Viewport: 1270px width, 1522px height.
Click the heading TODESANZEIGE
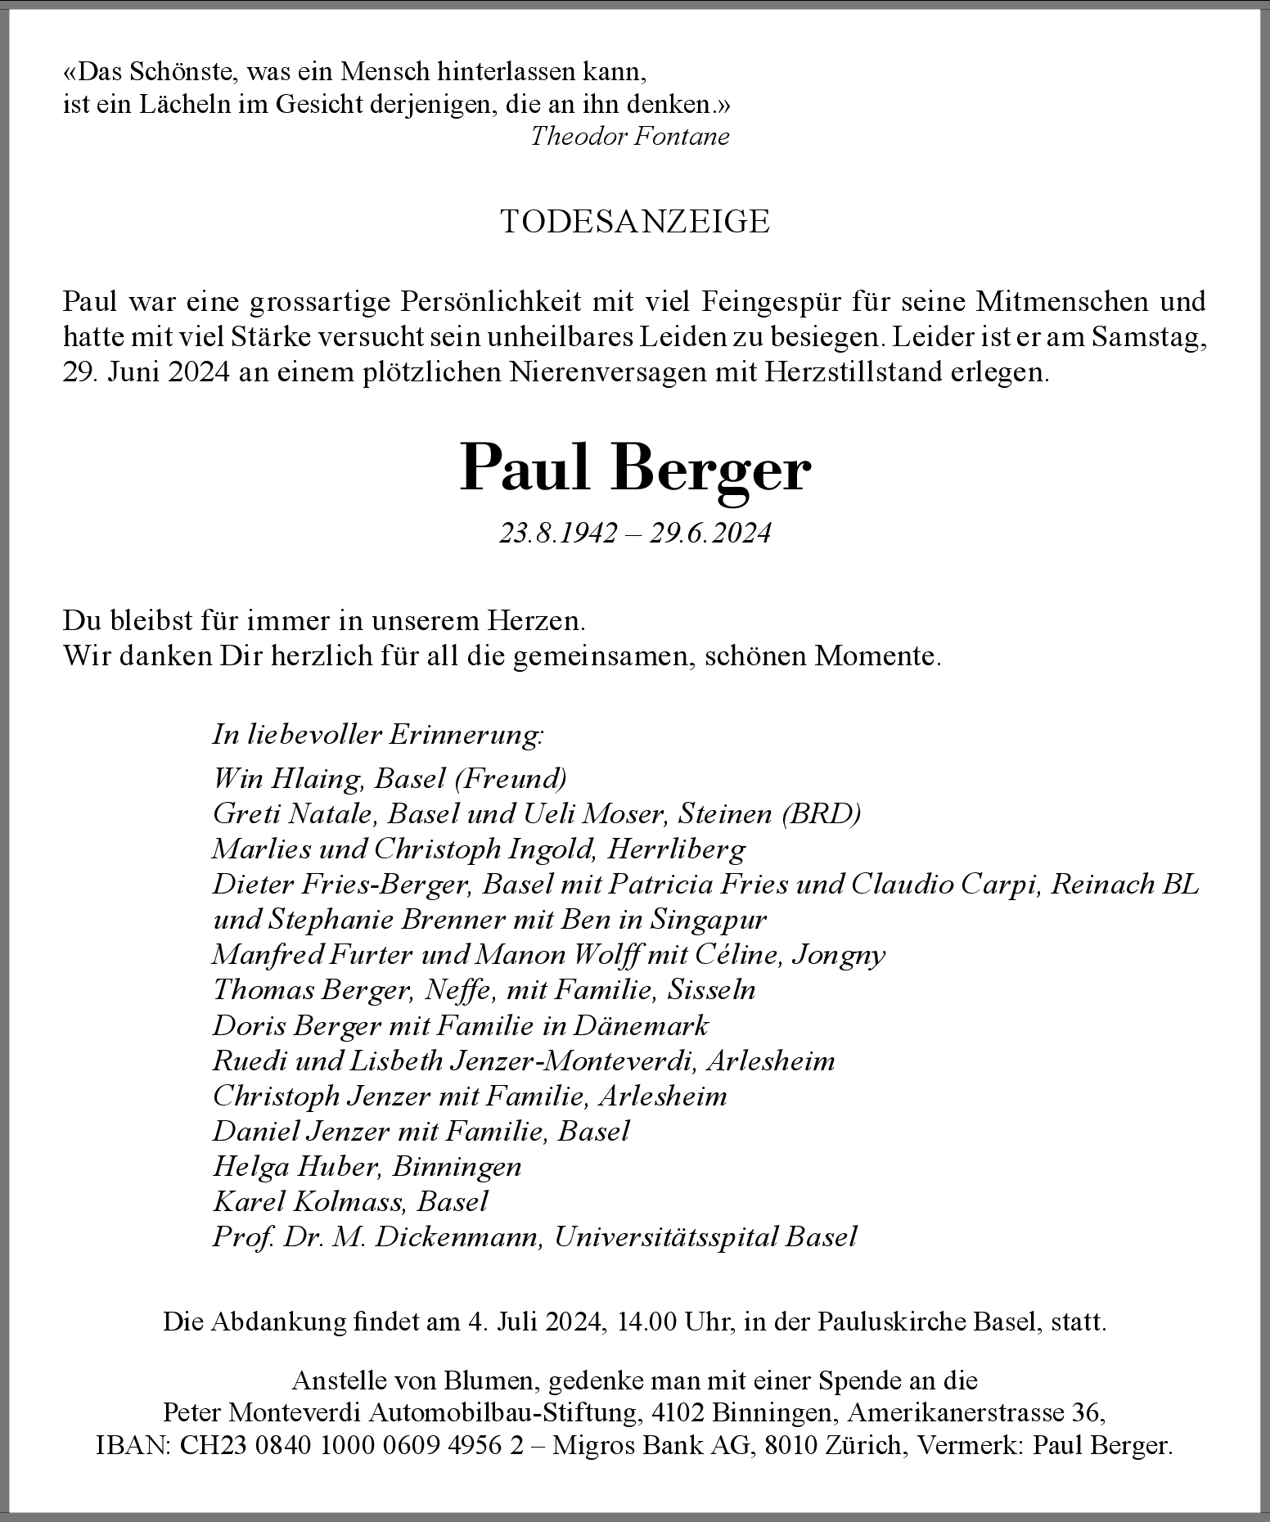point(634,222)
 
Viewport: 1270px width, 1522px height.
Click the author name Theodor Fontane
point(629,136)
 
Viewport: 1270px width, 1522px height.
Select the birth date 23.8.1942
point(558,534)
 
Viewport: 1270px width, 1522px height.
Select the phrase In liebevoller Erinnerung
point(377,734)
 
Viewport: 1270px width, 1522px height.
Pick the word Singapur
point(709,919)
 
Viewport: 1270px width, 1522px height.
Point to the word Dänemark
point(641,1025)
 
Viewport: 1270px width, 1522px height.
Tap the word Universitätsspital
point(666,1236)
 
